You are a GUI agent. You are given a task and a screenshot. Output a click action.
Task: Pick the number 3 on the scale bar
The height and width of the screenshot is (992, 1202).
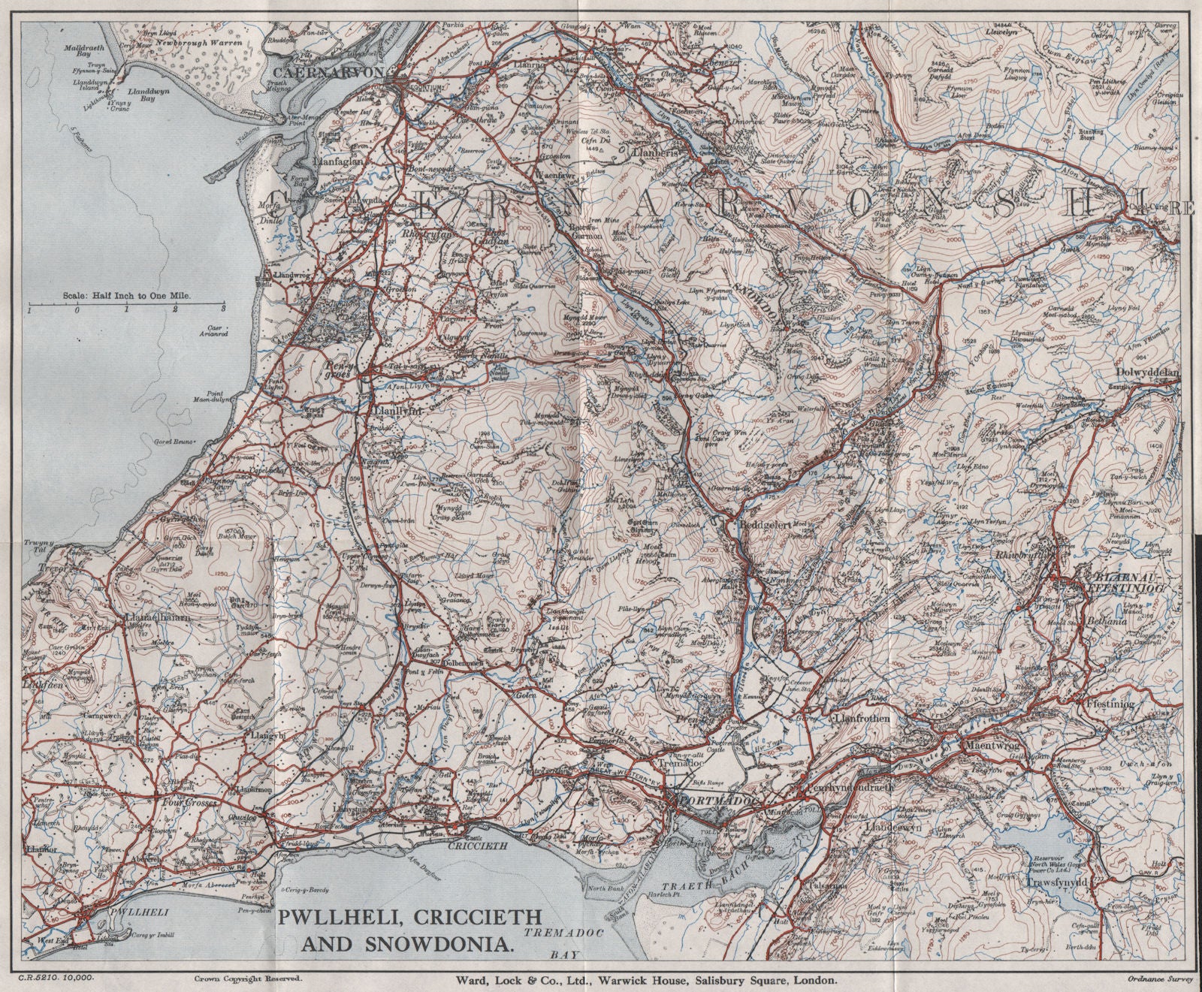[x=223, y=309]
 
